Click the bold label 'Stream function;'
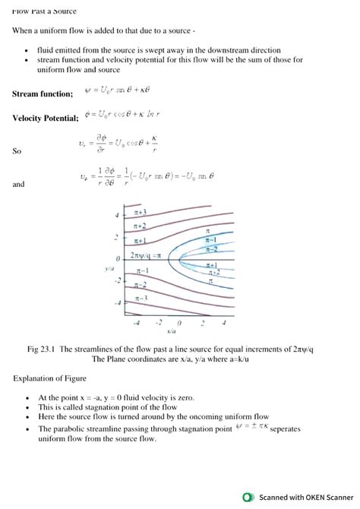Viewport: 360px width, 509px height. pos(43,93)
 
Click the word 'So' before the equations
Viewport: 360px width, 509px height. pos(17,151)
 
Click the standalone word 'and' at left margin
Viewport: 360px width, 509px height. pos(18,184)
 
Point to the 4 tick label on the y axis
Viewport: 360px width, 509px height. pos(117,215)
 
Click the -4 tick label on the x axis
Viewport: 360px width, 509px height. pos(137,324)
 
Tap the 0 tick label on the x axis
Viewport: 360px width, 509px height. pos(180,324)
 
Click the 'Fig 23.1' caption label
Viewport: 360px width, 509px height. pos(43,349)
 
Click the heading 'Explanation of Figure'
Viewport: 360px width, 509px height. pos(49,378)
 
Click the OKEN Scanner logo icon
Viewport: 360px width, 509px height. pos(248,498)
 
